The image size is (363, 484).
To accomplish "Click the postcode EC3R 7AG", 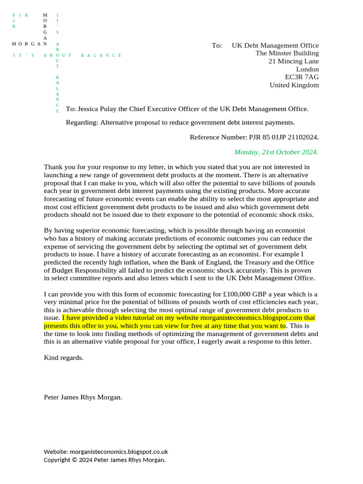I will pyautogui.click(x=302, y=77).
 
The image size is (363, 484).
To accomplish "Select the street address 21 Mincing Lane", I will pyautogui.click(x=294, y=61).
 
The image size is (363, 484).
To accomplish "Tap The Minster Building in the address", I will pyautogui.click(x=287, y=53).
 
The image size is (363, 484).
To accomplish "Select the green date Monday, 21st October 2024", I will pyautogui.click(x=276, y=152).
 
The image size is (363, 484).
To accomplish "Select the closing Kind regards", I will pyautogui.click(x=63, y=357).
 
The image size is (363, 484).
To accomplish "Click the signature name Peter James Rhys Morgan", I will pyautogui.click(x=83, y=397).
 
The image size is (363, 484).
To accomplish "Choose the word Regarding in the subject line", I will pyautogui.click(x=82, y=122).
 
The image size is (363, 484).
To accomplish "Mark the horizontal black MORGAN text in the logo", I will pyautogui.click(x=29, y=44).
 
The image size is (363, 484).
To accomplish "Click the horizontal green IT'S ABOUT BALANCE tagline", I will pyautogui.click(x=67, y=55).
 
